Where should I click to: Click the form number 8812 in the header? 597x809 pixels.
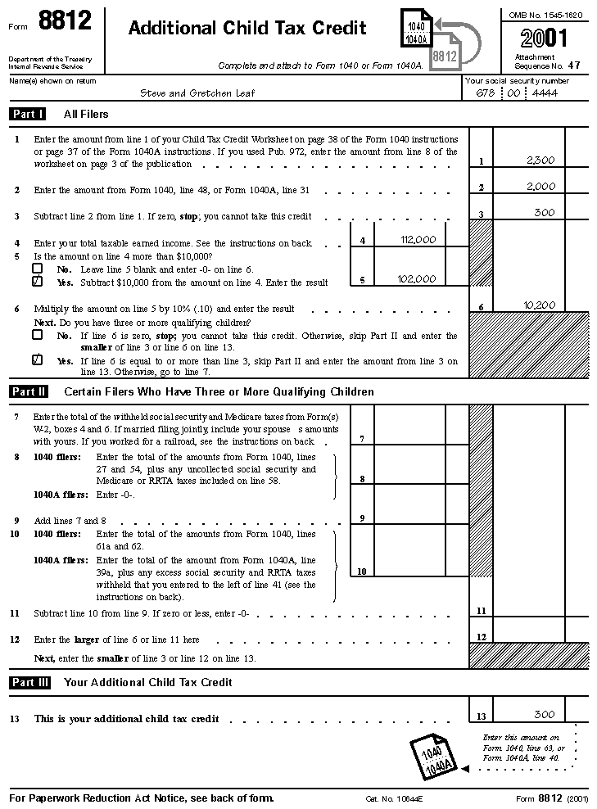[x=65, y=23]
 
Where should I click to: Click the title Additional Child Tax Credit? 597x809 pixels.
[x=247, y=29]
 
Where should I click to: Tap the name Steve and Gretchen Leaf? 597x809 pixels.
[x=197, y=93]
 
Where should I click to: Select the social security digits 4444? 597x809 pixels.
[x=545, y=93]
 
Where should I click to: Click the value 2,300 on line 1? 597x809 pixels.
[x=540, y=160]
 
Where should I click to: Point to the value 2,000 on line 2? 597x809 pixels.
[x=540, y=187]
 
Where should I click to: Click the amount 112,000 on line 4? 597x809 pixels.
[x=418, y=240]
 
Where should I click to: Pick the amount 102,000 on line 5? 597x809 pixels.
[x=418, y=279]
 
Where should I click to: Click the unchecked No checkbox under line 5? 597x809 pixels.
[x=38, y=269]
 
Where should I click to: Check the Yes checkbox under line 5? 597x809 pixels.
[x=38, y=281]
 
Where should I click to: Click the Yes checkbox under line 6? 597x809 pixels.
[x=38, y=359]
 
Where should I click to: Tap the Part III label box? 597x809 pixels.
[x=30, y=682]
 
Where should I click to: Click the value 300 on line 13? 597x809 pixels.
[x=544, y=715]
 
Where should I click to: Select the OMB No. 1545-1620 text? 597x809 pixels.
[x=545, y=16]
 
